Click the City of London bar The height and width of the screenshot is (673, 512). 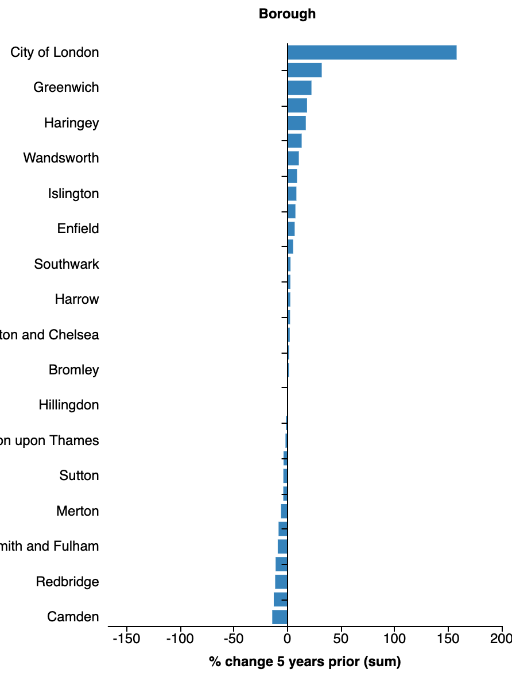pyautogui.click(x=372, y=52)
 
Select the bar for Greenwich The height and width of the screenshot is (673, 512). pyautogui.click(x=299, y=88)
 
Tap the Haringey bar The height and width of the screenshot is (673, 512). pyautogui.click(x=296, y=123)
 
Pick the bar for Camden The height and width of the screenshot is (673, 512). pyautogui.click(x=280, y=617)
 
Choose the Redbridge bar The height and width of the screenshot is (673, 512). pyautogui.click(x=281, y=582)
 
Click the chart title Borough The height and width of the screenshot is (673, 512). pyautogui.click(x=287, y=14)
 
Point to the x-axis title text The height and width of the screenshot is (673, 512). pyautogui.click(x=305, y=662)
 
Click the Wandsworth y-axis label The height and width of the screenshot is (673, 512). pyautogui.click(x=61, y=158)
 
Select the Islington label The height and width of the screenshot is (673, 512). pyautogui.click(x=73, y=194)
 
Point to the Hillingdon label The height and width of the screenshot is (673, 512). pyautogui.click(x=69, y=405)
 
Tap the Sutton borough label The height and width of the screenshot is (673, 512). pyautogui.click(x=79, y=475)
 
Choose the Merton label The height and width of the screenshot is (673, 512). pyautogui.click(x=77, y=511)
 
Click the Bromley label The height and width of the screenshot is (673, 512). pyautogui.click(x=74, y=370)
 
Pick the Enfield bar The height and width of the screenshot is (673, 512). pyautogui.click(x=291, y=229)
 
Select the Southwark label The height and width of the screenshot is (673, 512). pyautogui.click(x=67, y=264)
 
